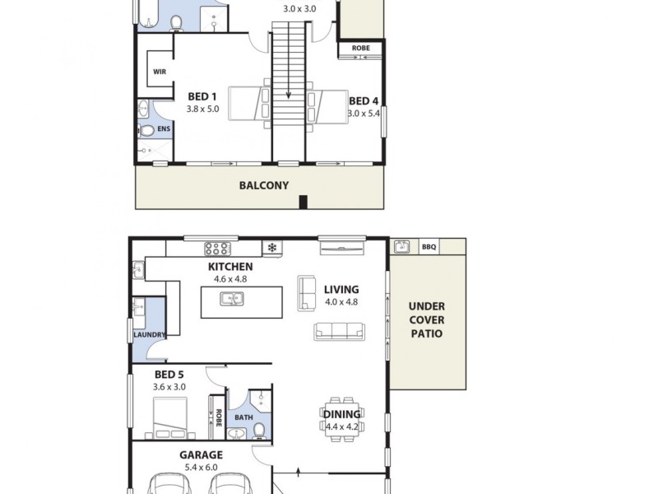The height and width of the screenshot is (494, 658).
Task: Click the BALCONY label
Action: (x=264, y=185)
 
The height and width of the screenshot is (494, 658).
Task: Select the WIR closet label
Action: (x=159, y=72)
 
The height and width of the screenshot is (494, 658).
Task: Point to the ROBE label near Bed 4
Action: (x=360, y=49)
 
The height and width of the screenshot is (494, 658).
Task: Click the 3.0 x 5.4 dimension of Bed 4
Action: (x=364, y=114)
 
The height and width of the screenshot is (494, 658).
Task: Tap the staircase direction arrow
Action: (x=289, y=94)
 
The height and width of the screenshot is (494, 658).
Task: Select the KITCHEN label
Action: (x=230, y=267)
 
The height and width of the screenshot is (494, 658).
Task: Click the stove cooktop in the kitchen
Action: (x=217, y=247)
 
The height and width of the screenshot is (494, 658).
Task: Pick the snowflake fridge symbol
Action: (x=272, y=247)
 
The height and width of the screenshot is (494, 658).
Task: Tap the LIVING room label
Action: (x=341, y=289)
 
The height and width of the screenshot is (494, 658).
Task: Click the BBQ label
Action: (x=429, y=246)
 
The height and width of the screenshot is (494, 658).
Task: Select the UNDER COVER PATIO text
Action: (x=426, y=319)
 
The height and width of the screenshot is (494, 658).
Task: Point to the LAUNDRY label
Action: (x=150, y=335)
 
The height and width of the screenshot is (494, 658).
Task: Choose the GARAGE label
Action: (x=202, y=454)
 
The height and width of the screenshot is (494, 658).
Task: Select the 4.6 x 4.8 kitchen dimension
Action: (x=230, y=279)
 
